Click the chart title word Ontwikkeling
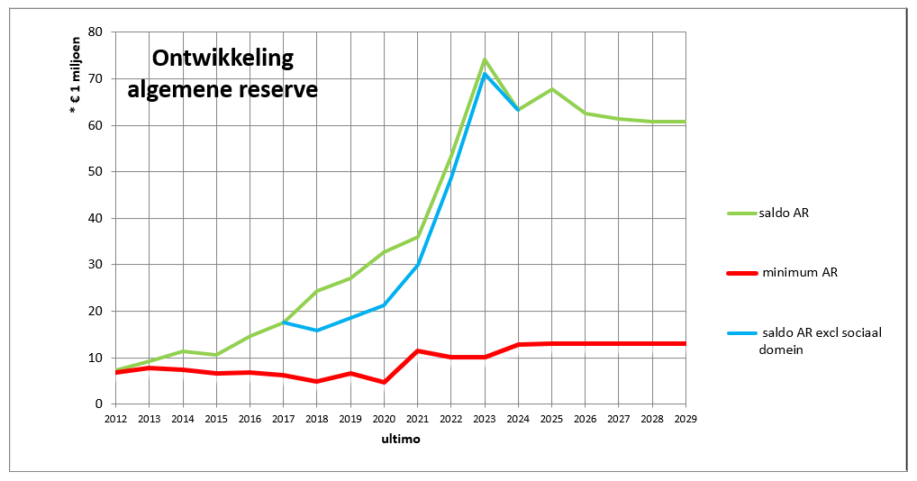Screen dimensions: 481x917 [222, 59]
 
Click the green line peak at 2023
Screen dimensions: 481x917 [485, 59]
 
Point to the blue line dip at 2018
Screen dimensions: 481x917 [317, 331]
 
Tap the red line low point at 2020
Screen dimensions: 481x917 [384, 382]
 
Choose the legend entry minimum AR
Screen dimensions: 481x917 [800, 271]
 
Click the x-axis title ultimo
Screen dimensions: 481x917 [400, 440]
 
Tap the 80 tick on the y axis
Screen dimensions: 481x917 [96, 32]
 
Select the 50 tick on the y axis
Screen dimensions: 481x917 [96, 172]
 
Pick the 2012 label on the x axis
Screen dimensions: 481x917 [115, 419]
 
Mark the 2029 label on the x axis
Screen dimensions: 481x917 [685, 419]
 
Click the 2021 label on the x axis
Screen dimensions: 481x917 [417, 419]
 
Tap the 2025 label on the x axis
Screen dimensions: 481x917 [551, 419]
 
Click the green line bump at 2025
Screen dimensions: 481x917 [551, 89]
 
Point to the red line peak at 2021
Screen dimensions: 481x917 [417, 350]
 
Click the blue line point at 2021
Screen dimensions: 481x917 [417, 265]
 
